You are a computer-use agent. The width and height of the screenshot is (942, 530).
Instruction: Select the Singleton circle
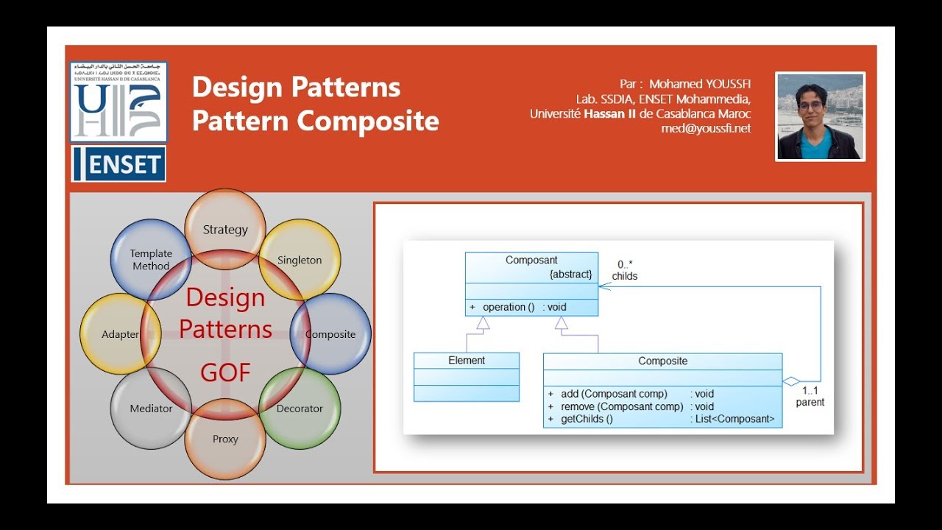300,259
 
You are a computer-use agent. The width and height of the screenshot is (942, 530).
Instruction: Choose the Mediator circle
151,408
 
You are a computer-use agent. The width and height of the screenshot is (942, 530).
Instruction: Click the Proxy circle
225,439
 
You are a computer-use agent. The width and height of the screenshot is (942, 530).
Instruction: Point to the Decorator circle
300,408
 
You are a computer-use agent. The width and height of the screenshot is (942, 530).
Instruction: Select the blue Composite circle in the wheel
330,334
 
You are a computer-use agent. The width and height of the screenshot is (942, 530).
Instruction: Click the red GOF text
225,373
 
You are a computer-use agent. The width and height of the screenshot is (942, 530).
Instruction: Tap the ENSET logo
118,164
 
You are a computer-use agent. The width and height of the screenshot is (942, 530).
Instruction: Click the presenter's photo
820,116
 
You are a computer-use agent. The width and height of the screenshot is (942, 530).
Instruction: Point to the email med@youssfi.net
706,128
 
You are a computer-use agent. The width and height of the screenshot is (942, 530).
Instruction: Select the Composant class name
531,261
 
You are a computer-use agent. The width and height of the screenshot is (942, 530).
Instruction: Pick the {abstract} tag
570,274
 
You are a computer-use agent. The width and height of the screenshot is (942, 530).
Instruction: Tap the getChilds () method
587,419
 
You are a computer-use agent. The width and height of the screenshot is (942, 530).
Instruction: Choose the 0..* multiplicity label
625,264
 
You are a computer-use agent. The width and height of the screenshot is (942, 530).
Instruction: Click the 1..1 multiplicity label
810,390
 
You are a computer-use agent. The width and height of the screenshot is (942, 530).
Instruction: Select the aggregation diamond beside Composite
790,381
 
